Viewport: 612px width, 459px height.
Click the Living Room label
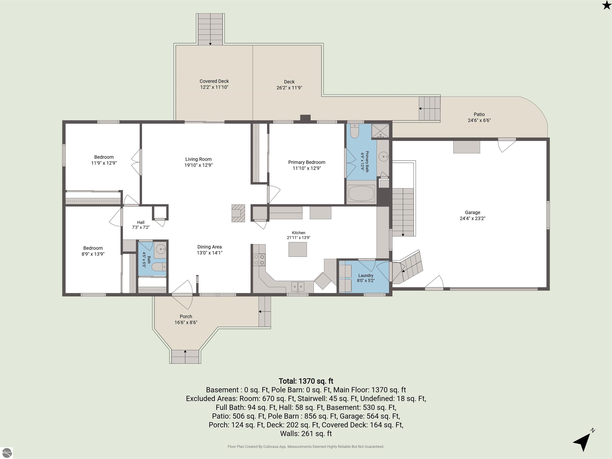[x=198, y=159]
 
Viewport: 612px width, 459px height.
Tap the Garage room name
[x=472, y=213]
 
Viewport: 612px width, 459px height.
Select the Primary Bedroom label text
[x=307, y=162]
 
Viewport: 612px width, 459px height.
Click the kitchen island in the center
[x=298, y=249]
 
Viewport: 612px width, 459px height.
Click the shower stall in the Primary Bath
[x=380, y=131]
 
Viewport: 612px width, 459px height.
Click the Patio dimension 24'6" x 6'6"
[x=479, y=120]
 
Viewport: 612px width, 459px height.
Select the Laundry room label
[x=366, y=276]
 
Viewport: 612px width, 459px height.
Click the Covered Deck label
[x=214, y=81]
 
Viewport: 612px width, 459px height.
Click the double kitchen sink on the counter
[x=298, y=287]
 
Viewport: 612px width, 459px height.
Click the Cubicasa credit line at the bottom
[x=306, y=447]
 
